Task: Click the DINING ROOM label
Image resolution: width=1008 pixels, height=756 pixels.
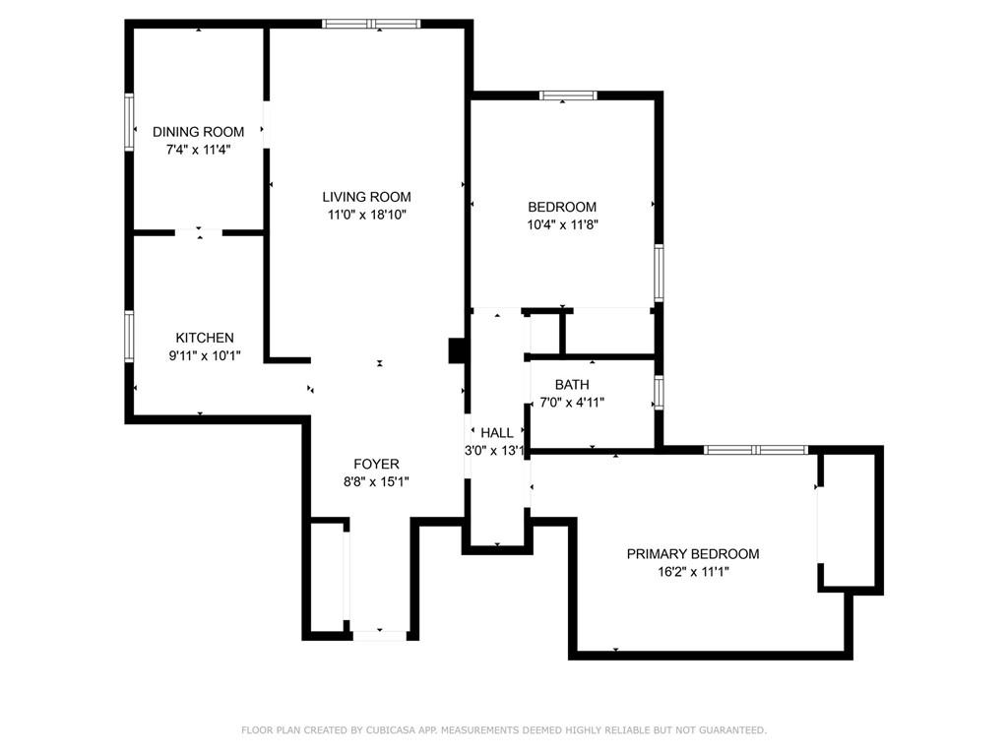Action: click(x=198, y=132)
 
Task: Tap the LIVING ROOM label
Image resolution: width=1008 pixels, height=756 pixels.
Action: click(x=366, y=197)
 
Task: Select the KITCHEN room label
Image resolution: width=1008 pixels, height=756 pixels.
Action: click(x=205, y=338)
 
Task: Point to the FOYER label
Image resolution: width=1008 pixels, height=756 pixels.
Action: click(x=376, y=464)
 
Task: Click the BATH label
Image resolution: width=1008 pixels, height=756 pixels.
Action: click(x=572, y=385)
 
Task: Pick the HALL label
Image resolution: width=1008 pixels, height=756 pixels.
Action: click(x=497, y=433)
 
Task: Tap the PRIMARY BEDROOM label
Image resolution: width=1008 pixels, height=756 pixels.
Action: click(x=693, y=553)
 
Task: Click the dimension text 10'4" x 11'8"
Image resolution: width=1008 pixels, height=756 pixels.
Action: click(x=562, y=224)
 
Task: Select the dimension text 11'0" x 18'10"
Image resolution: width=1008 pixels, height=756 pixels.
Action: click(x=367, y=214)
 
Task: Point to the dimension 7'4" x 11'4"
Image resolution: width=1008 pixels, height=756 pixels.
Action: click(x=198, y=150)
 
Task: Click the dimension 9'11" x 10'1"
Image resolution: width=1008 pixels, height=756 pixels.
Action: click(x=205, y=354)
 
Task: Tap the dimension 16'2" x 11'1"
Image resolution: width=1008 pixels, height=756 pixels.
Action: click(x=693, y=571)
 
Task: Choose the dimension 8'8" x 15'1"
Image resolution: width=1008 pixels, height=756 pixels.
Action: click(x=376, y=480)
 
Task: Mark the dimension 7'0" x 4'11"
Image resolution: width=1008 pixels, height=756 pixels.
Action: click(x=572, y=402)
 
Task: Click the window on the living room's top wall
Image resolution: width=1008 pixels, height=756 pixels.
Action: click(x=371, y=24)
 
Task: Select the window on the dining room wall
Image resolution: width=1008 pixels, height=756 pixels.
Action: click(x=129, y=122)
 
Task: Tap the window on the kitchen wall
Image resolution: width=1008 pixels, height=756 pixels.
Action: click(x=129, y=337)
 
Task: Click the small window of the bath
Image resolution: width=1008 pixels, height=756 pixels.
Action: click(x=659, y=392)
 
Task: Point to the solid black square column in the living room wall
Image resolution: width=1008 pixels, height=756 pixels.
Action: click(x=457, y=351)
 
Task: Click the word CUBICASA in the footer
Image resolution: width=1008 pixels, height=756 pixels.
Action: click(x=390, y=729)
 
